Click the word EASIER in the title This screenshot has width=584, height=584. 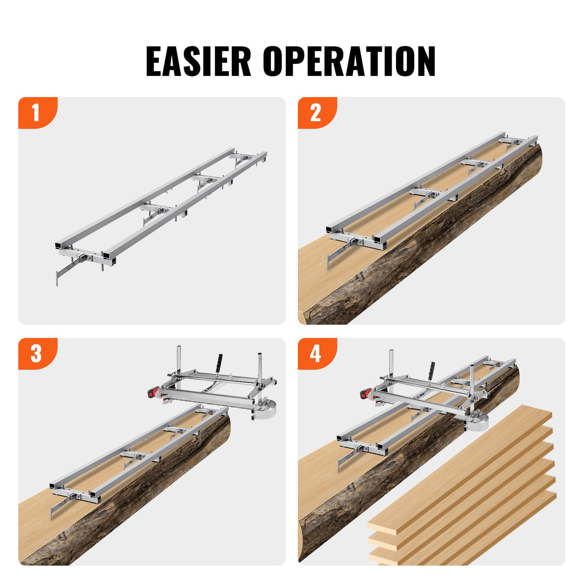pyautogui.click(x=198, y=61)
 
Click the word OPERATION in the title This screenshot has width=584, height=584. pyautogui.click(x=349, y=61)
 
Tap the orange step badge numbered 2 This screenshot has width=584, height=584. pyautogui.click(x=316, y=113)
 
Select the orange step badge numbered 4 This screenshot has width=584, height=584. pyautogui.click(x=316, y=354)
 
